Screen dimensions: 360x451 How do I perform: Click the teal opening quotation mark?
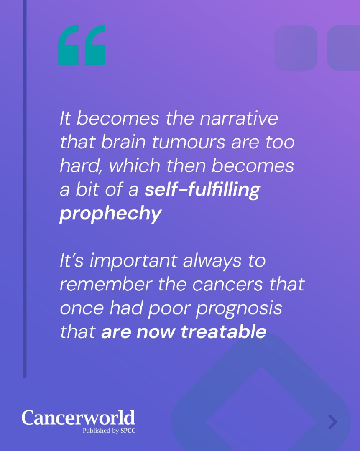coord(82,45)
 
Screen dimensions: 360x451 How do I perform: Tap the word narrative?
coord(239,118)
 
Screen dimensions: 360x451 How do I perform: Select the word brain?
coord(123,142)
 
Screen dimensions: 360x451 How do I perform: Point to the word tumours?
coord(189,142)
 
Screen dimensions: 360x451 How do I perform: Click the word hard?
coord(81,166)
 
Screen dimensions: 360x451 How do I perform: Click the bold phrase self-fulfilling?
coord(203,190)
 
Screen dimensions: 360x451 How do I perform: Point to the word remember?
coord(106,285)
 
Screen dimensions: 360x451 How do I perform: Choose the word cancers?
coord(227,285)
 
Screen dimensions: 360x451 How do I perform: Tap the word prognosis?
coord(239,309)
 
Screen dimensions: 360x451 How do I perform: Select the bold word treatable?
coord(224,331)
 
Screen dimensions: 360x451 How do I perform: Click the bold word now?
coord(156,332)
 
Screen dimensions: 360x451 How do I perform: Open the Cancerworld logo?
coord(78,418)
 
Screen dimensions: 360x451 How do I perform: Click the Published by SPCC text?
coord(109,431)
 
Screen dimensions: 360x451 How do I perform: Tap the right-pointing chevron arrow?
coord(333,422)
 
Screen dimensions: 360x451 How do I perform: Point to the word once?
coord(82,308)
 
